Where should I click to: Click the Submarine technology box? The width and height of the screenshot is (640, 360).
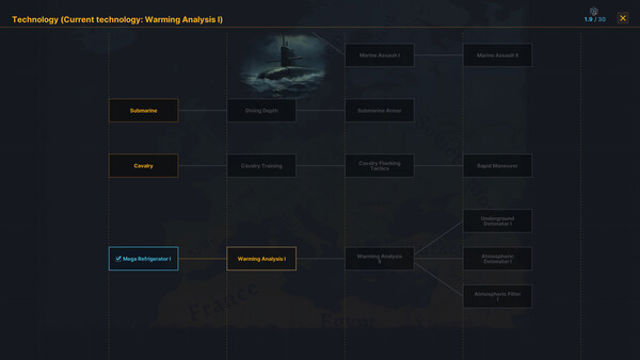[143, 110]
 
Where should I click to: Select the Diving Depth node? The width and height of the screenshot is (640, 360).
[261, 110]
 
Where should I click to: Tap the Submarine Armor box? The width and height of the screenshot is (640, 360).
[379, 110]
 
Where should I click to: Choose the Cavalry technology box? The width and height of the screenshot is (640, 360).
[143, 165]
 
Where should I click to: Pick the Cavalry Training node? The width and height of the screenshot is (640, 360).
[261, 165]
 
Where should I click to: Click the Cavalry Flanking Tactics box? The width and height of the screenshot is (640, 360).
[379, 165]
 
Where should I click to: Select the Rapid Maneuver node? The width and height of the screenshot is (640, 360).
[497, 165]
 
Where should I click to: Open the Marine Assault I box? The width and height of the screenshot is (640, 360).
[379, 55]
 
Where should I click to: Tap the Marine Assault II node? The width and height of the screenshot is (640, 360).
[497, 55]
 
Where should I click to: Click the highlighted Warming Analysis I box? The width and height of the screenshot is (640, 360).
[261, 259]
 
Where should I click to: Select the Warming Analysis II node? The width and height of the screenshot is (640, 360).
[379, 259]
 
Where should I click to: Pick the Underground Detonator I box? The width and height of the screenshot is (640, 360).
[497, 220]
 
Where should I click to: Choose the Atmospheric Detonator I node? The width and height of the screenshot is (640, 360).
[497, 259]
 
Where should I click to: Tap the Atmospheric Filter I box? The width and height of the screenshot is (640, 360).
[497, 296]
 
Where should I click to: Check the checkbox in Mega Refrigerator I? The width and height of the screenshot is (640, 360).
[118, 259]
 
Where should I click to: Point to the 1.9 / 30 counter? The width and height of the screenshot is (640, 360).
[595, 19]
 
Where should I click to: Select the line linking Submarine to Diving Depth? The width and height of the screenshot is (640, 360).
[202, 110]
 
